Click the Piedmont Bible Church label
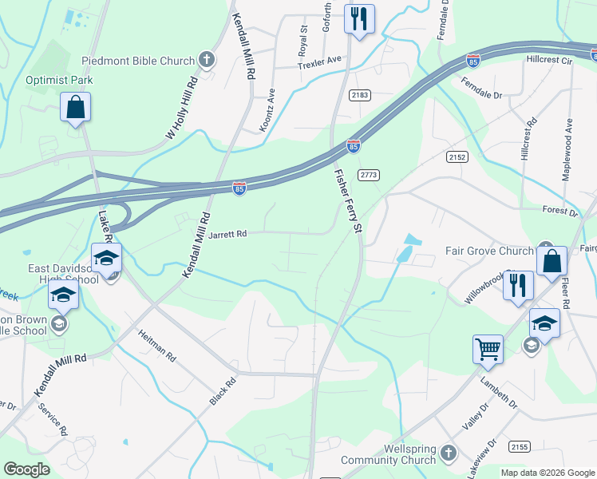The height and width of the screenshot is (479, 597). click(138, 61)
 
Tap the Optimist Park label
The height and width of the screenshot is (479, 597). click(59, 80)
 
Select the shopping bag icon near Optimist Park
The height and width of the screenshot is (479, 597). click(75, 108)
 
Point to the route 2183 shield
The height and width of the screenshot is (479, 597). click(359, 95)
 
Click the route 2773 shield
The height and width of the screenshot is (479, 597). click(368, 175)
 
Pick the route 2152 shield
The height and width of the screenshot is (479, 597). click(457, 157)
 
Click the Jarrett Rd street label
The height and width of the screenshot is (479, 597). click(227, 235)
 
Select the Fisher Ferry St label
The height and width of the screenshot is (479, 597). click(348, 200)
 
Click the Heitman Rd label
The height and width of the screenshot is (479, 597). click(156, 346)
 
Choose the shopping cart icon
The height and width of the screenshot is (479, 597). click(488, 349)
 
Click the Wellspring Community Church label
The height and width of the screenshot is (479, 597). click(388, 454)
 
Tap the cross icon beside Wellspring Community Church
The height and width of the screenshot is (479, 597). click(448, 453)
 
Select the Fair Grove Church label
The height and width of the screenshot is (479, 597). click(489, 251)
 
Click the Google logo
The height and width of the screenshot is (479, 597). click(26, 469)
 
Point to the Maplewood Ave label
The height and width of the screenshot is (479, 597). click(568, 149)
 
